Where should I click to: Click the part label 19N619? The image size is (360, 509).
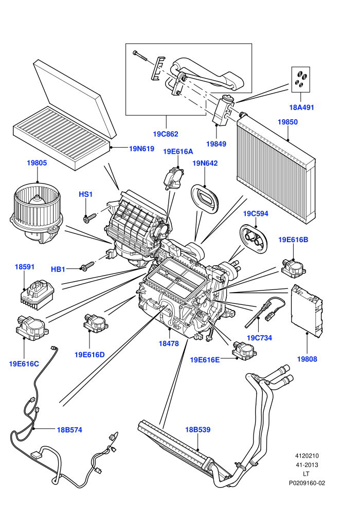(141, 149)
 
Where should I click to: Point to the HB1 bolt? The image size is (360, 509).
(87, 266)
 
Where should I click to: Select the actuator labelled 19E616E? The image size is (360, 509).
(243, 350)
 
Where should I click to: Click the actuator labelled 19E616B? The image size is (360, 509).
(294, 268)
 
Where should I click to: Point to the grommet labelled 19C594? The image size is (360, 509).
(255, 238)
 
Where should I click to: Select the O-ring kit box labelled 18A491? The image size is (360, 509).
(300, 79)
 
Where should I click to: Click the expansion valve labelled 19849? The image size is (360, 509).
(224, 110)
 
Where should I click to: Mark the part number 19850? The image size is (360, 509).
(287, 122)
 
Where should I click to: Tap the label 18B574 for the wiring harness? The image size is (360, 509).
(69, 430)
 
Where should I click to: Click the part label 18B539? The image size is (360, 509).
(197, 429)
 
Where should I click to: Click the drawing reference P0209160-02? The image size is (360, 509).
(307, 483)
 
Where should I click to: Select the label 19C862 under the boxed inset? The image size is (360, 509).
(166, 134)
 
